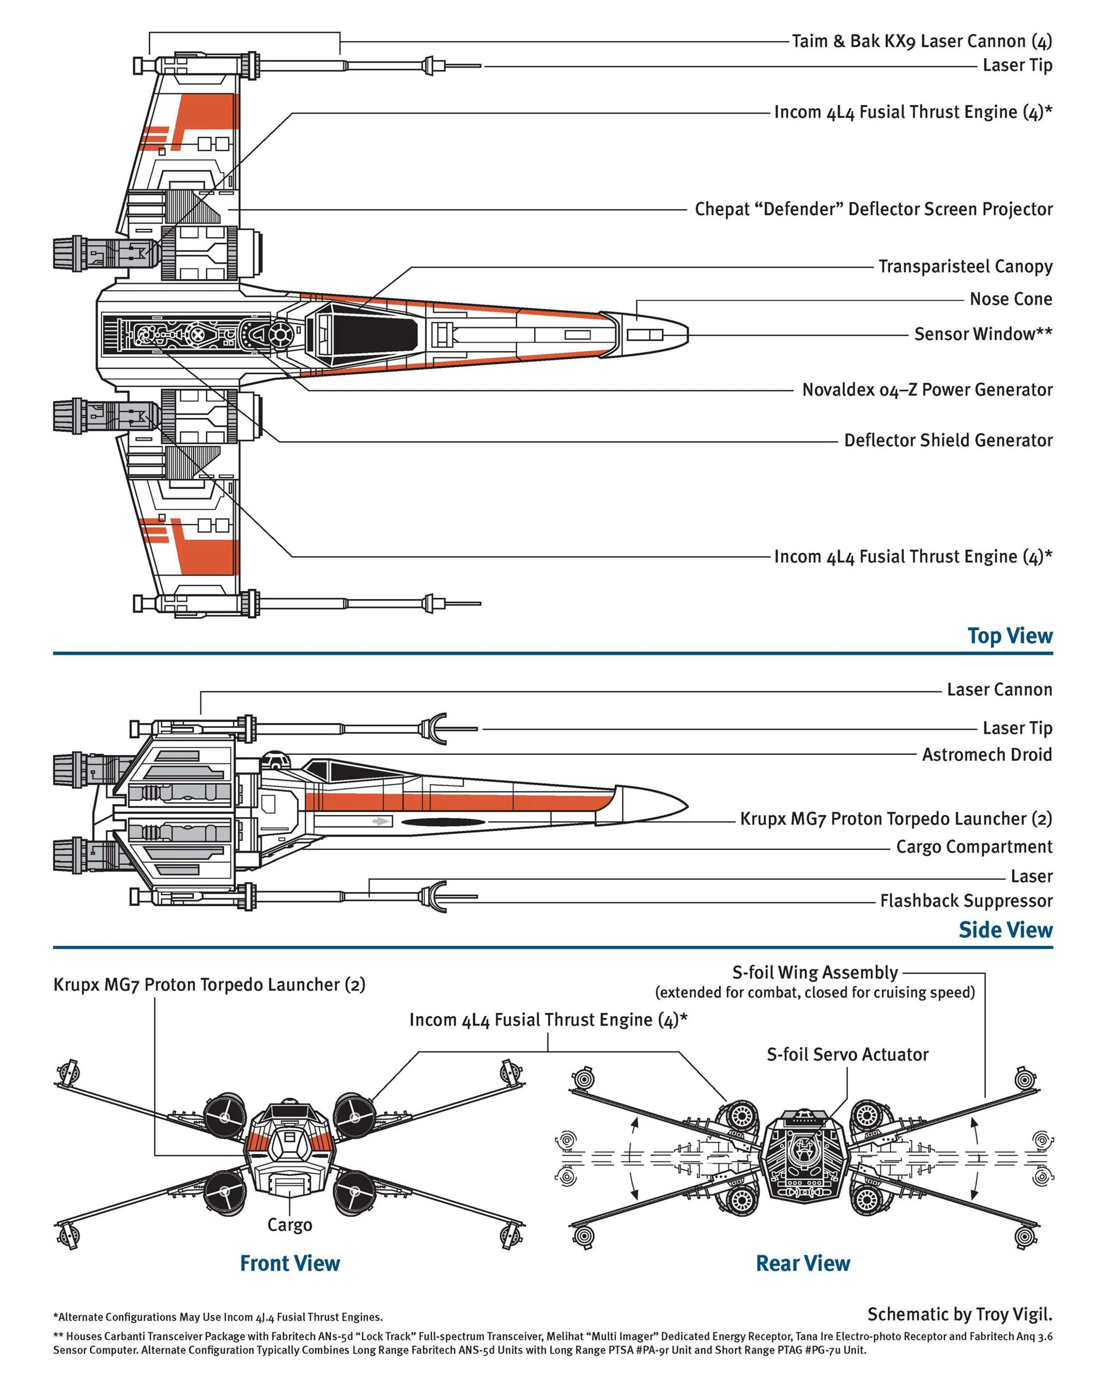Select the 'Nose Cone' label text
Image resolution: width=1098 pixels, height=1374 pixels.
coord(1010,299)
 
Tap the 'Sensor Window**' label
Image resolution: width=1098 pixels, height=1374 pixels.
coord(983,334)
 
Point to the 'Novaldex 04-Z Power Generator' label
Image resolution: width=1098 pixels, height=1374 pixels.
coord(927,389)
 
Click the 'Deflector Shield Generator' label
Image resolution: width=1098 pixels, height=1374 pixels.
coord(948,440)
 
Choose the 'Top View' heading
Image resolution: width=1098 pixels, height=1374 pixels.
coord(1010,635)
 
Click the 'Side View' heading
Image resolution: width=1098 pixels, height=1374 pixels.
coord(1005,930)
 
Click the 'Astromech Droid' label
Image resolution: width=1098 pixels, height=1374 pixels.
coord(987,755)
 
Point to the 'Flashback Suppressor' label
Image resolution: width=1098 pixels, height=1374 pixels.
coord(966,900)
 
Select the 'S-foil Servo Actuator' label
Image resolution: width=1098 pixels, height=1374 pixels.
coord(847,1054)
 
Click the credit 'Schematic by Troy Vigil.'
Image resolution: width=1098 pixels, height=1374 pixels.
coord(959,1314)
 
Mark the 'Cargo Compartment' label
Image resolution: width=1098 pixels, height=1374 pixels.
coord(974,846)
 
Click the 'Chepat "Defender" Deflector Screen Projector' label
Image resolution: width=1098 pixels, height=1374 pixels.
coord(873,209)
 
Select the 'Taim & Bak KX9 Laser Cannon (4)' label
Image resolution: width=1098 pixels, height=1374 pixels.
coord(921,41)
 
